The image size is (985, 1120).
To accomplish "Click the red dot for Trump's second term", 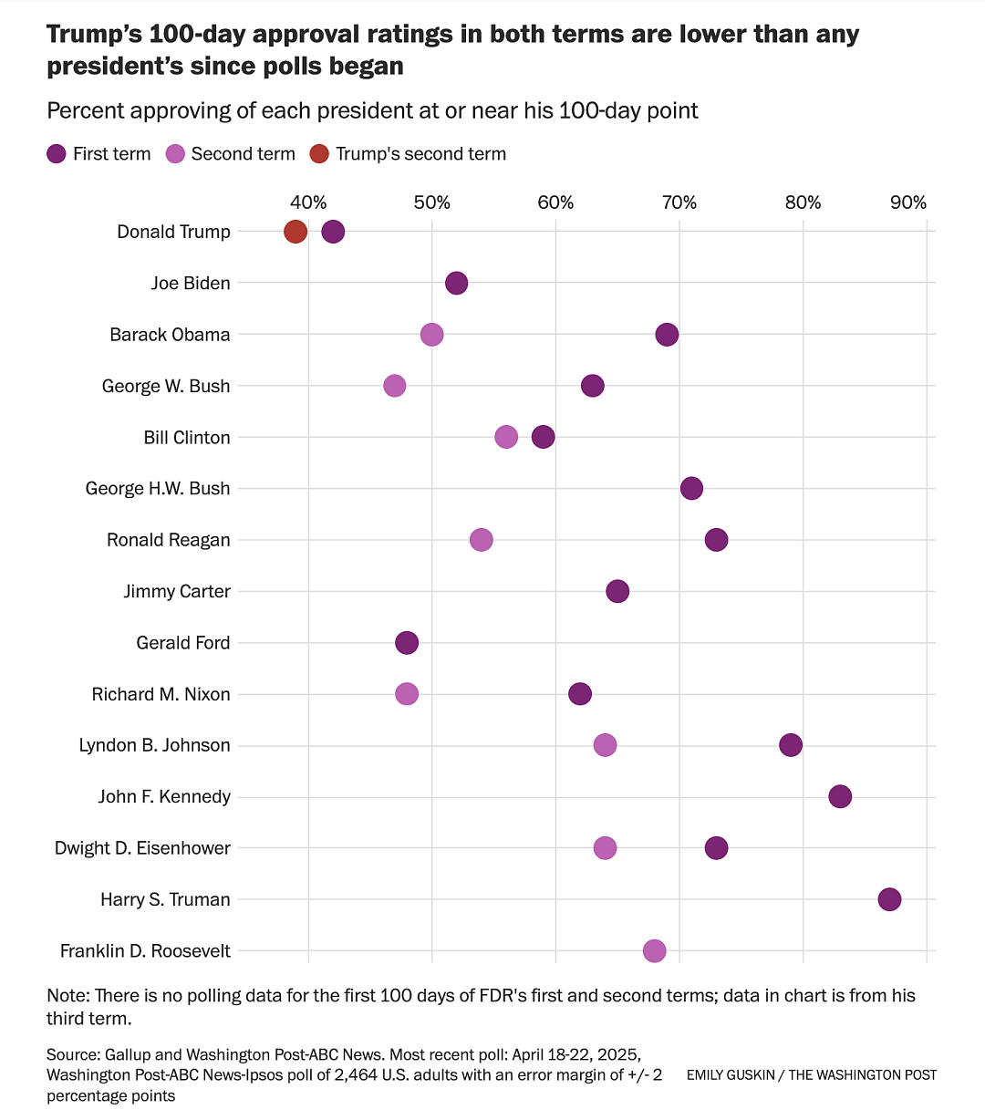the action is point(295,231).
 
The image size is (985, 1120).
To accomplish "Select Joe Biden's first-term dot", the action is point(457,283).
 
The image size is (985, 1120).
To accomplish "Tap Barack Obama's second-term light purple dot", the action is point(431,335).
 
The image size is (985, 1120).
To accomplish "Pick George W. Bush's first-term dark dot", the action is point(593,385).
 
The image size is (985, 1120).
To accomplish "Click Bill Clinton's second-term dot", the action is point(506,437).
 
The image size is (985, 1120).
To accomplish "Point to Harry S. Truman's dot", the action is point(889,899).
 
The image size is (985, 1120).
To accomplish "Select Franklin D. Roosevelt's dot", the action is point(655,951).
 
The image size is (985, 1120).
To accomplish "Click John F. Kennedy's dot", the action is point(840,796).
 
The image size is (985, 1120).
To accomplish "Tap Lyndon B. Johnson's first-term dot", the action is point(791,745).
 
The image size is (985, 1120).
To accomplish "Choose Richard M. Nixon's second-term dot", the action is point(407,694).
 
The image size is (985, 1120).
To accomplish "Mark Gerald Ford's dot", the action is point(407,642).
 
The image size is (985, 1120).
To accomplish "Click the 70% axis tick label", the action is point(679,202).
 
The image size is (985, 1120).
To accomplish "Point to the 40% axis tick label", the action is point(308,202).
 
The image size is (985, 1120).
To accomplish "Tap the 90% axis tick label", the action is point(908,202).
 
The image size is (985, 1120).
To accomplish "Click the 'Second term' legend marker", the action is point(175,154).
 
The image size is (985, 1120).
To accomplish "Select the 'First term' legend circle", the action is point(57,154).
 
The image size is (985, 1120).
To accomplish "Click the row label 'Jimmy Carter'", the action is point(177,592).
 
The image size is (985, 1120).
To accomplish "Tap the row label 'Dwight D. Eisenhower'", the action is point(142,848).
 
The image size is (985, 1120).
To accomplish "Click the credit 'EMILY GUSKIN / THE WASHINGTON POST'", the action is point(812,1074).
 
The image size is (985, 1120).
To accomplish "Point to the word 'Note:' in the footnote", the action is point(68,996).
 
